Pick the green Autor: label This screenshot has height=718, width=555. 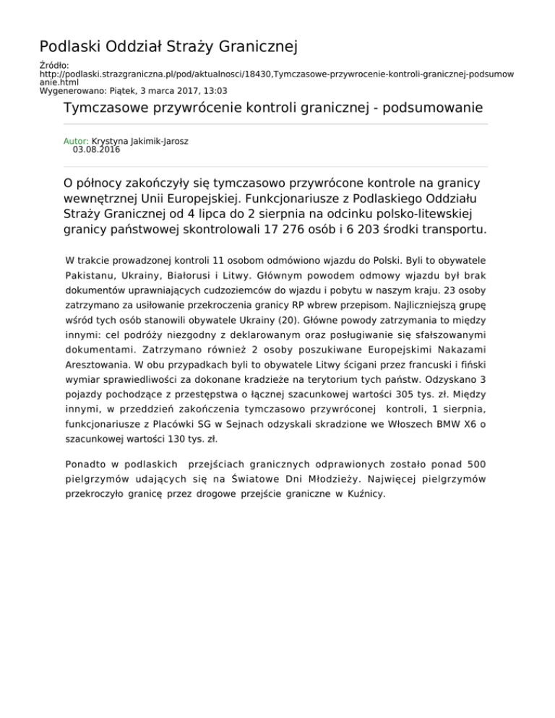tap(77, 142)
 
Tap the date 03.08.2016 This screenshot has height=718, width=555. tap(96, 150)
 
